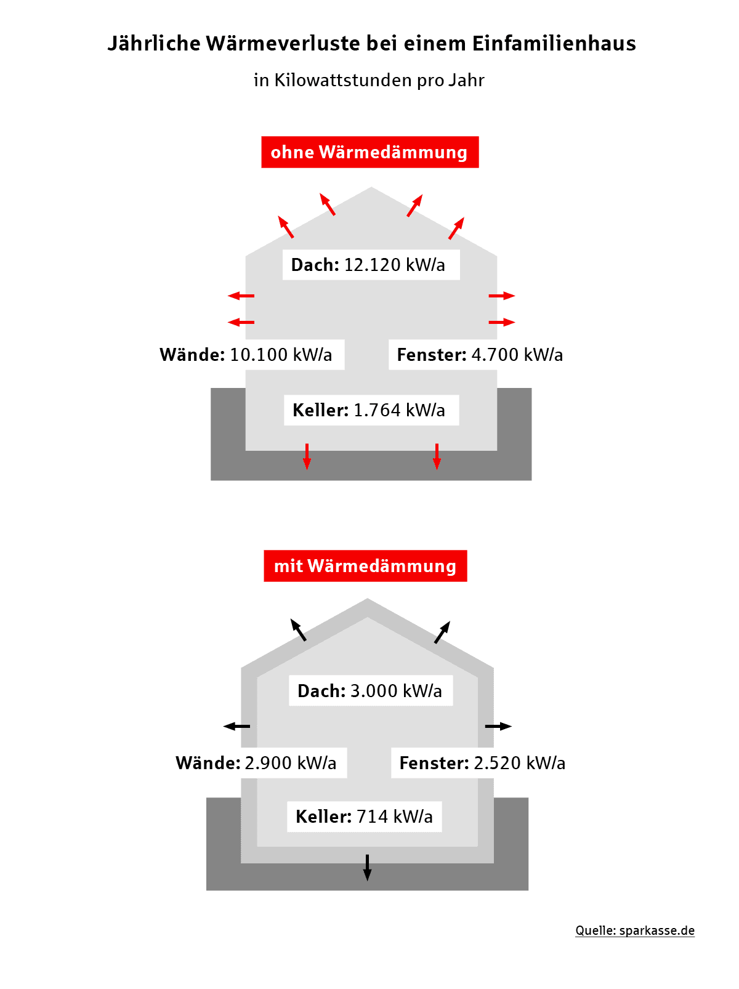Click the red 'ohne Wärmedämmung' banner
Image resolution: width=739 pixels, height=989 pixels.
pos(370,152)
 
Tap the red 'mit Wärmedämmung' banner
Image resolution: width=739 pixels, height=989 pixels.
pos(365,566)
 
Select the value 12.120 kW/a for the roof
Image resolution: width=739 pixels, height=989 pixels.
pos(394,265)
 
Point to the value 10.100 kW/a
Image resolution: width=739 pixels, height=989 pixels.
pos(281,355)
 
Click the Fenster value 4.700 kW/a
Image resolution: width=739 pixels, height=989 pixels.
pos(517,355)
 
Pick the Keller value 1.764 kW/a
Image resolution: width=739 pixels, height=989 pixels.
pos(399,410)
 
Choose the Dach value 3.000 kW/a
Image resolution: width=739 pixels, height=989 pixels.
pos(396,691)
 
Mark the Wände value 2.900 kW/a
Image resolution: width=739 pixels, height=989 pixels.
pos(291,763)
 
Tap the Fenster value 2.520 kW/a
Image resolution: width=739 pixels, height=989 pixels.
pos(520,763)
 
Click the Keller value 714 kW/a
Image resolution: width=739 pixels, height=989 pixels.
pos(395,817)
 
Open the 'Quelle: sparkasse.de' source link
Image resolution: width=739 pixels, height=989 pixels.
pos(635,930)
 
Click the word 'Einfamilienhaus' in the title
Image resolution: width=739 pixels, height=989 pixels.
pos(554,44)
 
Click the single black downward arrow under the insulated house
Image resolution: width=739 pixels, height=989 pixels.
pos(367,868)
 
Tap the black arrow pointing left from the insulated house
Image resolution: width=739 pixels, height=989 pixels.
pos(236,726)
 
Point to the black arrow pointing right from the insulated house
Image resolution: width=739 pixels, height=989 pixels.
pos(498,726)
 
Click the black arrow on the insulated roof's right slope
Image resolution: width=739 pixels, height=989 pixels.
pos(442,632)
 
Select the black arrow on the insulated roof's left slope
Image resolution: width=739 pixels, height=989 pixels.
pos(298,630)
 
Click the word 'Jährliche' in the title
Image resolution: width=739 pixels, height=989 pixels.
pos(154,44)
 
